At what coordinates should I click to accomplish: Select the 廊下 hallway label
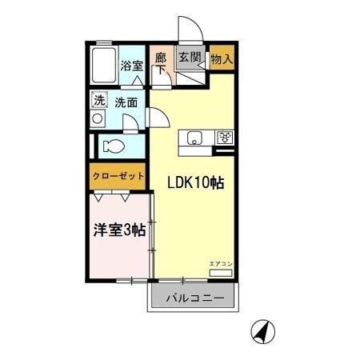[160, 63]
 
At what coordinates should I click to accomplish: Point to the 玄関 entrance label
[189, 58]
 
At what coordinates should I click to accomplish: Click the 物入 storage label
[222, 58]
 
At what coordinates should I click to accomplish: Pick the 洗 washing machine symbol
[98, 102]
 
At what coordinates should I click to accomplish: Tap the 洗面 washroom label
[126, 102]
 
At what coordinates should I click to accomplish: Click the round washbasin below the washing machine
[98, 119]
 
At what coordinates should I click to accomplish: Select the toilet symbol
[111, 147]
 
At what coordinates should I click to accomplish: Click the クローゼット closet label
[118, 175]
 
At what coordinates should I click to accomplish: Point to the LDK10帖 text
[195, 182]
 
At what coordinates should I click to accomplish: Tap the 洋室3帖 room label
[118, 230]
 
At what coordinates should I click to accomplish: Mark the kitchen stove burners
[225, 137]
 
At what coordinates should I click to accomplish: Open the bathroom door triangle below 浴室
[138, 82]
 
